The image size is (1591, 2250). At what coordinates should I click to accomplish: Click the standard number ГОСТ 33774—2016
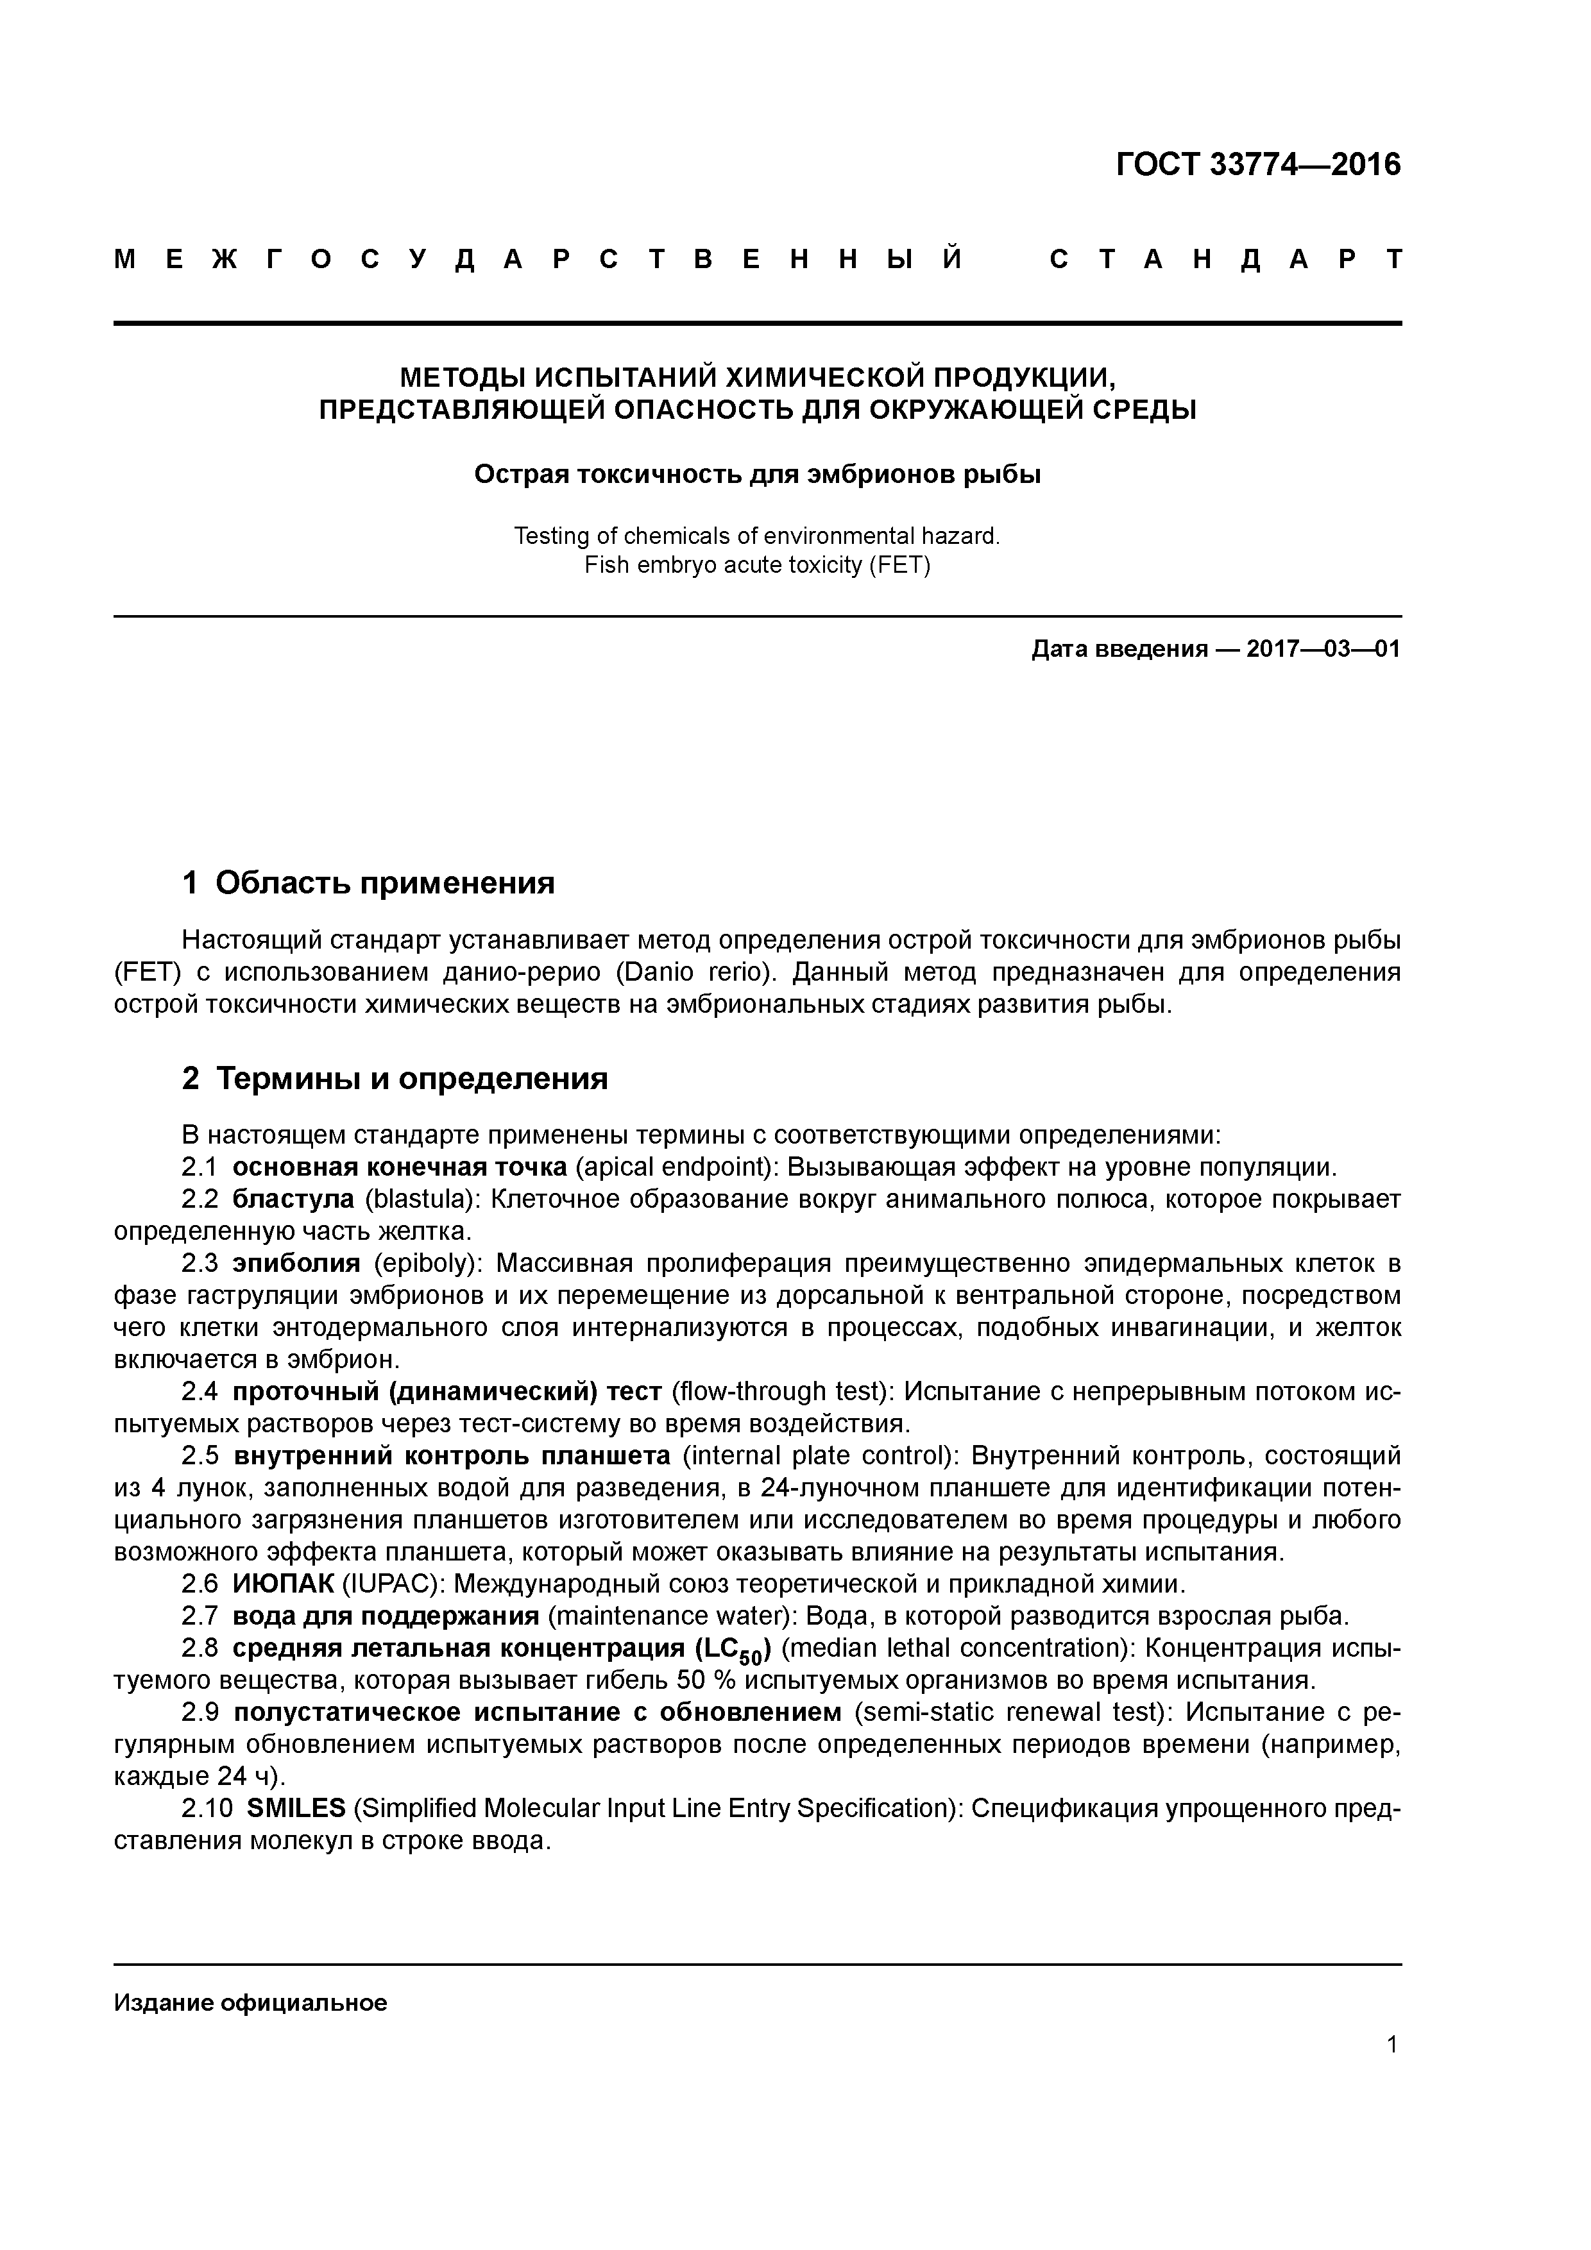tap(1257, 165)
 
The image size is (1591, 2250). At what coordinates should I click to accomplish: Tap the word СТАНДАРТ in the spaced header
tap(1225, 260)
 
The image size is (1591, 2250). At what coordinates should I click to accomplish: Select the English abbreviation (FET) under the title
tap(898, 566)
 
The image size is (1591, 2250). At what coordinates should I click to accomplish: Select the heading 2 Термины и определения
tap(395, 1078)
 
